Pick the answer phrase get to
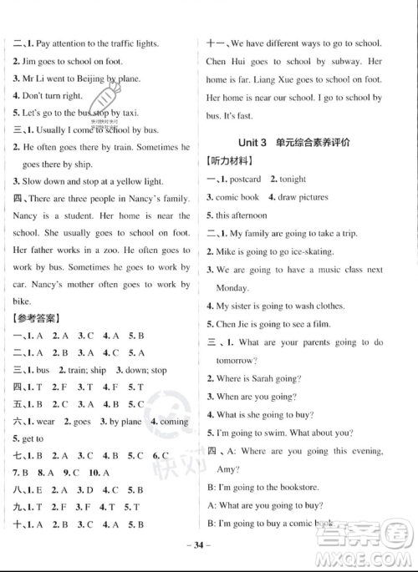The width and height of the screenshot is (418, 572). coord(31,439)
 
